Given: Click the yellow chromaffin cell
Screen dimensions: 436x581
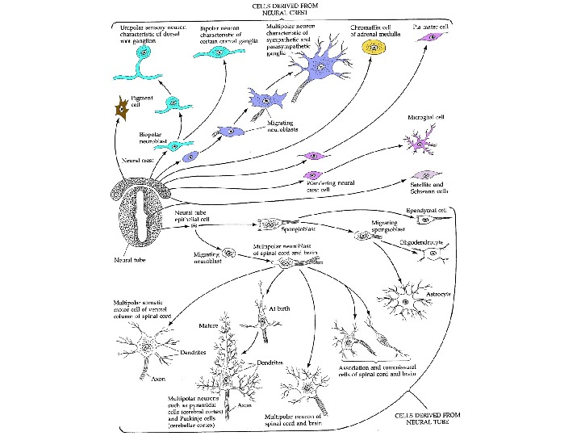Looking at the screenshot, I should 374,47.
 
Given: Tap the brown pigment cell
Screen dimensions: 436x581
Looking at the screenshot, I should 123,107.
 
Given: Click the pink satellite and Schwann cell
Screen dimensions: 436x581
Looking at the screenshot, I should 426,172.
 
